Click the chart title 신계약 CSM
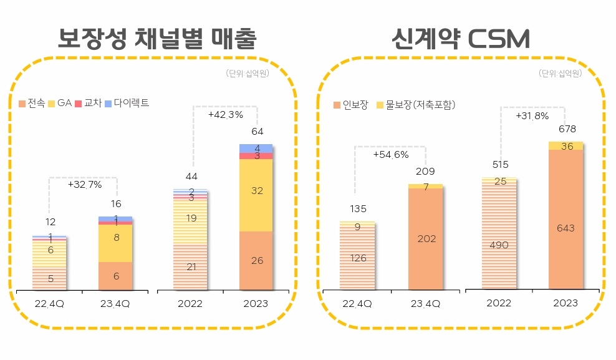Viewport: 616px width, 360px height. click(x=460, y=39)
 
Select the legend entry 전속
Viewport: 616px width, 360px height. click(x=32, y=104)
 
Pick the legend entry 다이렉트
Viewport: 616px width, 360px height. click(x=127, y=104)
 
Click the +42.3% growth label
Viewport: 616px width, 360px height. click(x=225, y=115)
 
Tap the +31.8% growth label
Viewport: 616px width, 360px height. click(x=532, y=115)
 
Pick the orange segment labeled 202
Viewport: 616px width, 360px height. click(x=425, y=238)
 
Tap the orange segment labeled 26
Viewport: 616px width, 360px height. click(x=256, y=261)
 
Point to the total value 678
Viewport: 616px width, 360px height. click(x=565, y=129)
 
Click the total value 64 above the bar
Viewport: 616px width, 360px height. click(x=256, y=132)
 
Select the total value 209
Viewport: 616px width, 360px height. click(x=425, y=171)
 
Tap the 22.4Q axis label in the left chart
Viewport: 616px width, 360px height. click(x=49, y=304)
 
